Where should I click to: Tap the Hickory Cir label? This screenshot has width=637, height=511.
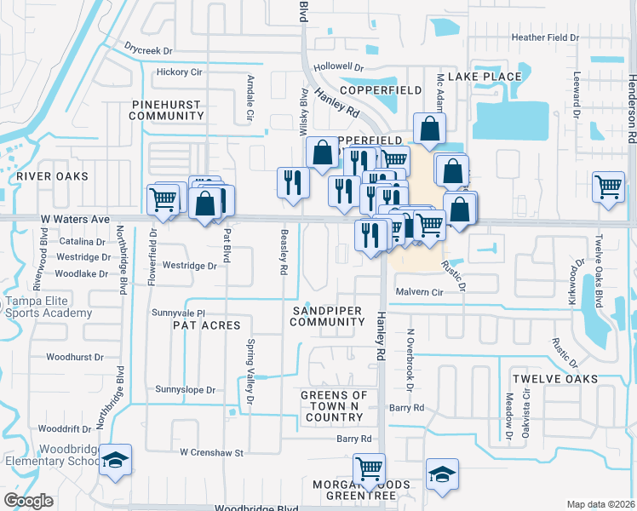(x=179, y=72)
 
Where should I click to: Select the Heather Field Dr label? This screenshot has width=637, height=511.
(x=544, y=37)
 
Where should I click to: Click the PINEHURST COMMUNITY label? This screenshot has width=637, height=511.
(x=168, y=109)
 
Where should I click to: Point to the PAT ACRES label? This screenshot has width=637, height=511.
(x=207, y=325)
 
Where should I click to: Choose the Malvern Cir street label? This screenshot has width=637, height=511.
(x=420, y=291)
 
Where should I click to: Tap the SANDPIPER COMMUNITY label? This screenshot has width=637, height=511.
(x=327, y=316)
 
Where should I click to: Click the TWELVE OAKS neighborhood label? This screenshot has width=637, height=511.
(x=554, y=378)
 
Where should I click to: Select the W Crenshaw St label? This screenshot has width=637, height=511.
(x=211, y=452)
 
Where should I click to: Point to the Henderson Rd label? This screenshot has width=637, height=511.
(x=631, y=107)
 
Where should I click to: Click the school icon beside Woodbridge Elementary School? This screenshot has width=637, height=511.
(x=115, y=462)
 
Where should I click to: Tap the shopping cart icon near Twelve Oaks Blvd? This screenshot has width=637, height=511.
(x=608, y=187)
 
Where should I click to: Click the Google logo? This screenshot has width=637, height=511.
(x=28, y=501)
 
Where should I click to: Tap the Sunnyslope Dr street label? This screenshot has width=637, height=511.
(x=186, y=389)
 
